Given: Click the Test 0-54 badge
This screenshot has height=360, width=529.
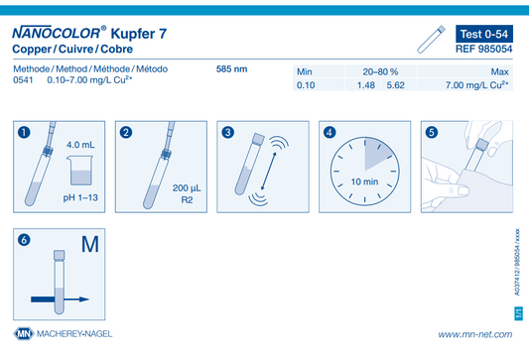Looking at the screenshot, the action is pos(484,34).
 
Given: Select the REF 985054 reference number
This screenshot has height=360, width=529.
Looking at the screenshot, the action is pos(483,49).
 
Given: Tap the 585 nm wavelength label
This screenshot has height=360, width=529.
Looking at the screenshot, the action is pos(232,69).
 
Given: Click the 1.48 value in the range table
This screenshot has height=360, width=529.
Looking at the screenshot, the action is pos(366,85).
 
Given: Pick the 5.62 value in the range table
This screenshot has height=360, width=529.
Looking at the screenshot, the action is pos(395,85).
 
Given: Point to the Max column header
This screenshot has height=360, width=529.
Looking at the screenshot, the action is pos(499,71).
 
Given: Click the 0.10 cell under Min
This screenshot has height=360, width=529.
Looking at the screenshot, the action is pos(306,85).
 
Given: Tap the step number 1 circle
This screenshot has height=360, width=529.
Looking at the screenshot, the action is pos(24,132).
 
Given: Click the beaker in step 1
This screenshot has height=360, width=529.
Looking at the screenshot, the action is pos(81,171).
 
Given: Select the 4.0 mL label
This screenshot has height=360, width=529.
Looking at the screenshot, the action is pos(80,145).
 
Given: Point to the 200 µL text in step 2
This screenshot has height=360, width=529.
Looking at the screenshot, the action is pos(187,188).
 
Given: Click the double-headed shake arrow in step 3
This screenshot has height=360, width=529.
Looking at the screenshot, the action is pos(269,171).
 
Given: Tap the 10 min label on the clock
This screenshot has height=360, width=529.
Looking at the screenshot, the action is pos(364,181).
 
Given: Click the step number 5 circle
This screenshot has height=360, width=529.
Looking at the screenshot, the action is pos(432,132).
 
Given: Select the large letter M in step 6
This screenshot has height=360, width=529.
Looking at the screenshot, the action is pos(90,244).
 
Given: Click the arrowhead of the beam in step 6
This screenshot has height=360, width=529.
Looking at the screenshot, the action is pos(84,300).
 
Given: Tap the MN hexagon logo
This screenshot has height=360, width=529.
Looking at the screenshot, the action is pos(24,333).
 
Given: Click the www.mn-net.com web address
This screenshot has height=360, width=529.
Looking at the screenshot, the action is pos(475,334).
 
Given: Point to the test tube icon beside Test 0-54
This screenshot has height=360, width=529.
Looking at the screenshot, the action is pos(431,39).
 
